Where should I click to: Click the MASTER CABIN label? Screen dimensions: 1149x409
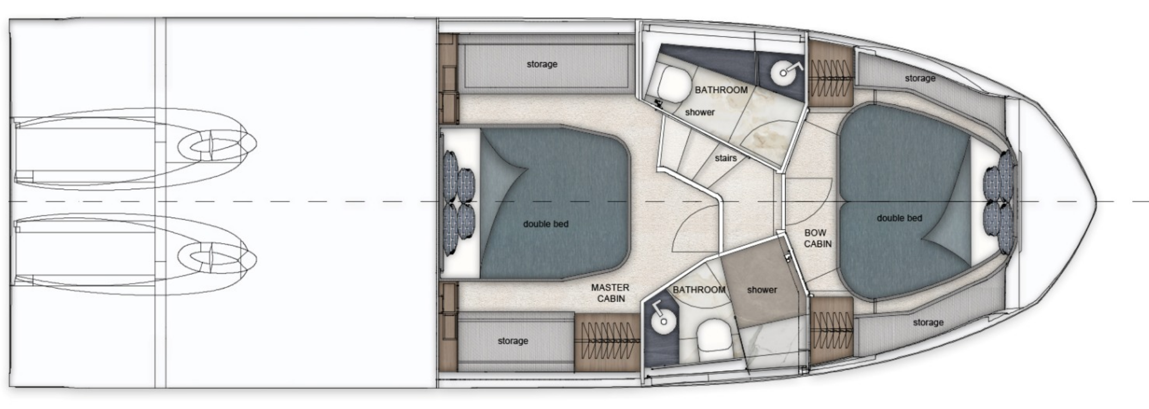pyautogui.click(x=610, y=293)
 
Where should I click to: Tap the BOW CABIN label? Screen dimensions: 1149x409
pyautogui.click(x=818, y=238)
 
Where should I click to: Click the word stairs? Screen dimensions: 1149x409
pyautogui.click(x=725, y=158)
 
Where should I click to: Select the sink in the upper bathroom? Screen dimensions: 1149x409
pyautogui.click(x=784, y=71)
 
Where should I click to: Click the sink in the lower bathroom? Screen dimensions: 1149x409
pyautogui.click(x=662, y=320)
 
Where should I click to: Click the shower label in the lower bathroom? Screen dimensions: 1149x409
pyautogui.click(x=762, y=290)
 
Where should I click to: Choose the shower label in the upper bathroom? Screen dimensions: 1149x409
pyautogui.click(x=700, y=112)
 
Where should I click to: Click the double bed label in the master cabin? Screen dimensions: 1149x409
pyautogui.click(x=546, y=224)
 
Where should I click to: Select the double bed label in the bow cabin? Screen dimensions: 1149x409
pyautogui.click(x=899, y=218)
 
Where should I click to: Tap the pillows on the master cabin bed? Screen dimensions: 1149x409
pyautogui.click(x=459, y=202)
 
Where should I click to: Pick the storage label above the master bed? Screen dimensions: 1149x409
pyautogui.click(x=542, y=64)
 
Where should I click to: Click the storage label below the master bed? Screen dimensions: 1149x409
pyautogui.click(x=513, y=341)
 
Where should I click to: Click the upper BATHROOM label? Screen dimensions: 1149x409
pyautogui.click(x=721, y=90)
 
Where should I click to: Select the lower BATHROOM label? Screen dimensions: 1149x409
pyautogui.click(x=699, y=290)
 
